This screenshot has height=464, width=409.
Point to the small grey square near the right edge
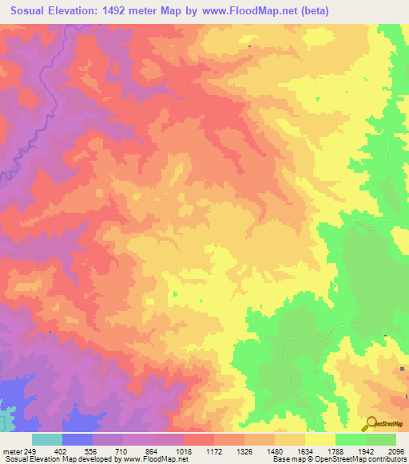coord(403,368)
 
